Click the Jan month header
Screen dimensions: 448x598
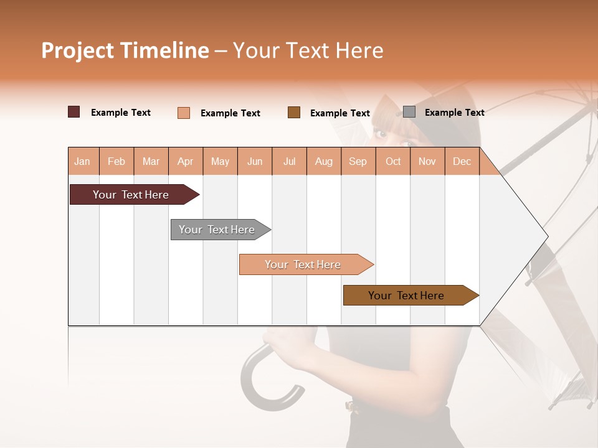82,161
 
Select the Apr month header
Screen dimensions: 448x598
185,161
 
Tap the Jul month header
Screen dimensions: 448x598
289,161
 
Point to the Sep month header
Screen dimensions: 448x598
358,161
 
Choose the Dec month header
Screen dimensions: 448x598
462,161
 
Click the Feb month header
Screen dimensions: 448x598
116,161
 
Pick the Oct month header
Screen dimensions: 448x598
393,161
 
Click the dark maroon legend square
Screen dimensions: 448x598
74,112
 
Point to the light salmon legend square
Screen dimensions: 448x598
184,113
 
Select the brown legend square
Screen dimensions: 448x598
294,112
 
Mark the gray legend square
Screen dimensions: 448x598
409,112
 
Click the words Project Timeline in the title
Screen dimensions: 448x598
125,50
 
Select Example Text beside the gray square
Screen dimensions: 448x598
454,112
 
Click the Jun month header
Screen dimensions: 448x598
255,161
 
